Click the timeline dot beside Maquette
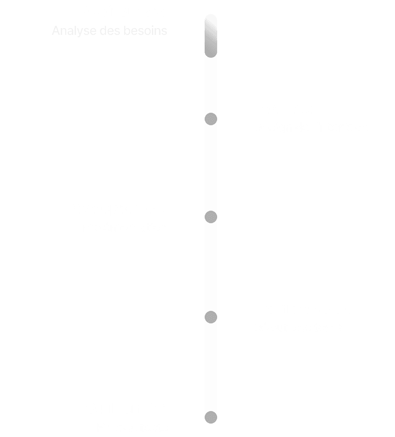coord(211,119)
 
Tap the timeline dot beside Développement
coord(211,217)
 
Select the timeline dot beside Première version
coord(211,317)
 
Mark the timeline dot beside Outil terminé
coord(211,417)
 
